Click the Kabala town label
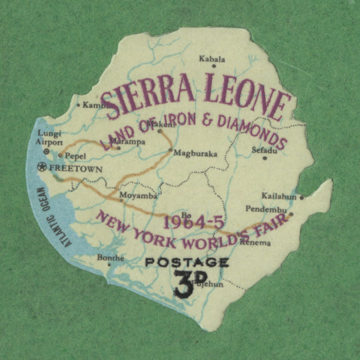pos(212,59)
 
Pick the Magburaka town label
pos(195,153)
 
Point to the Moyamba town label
pos(138,196)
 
